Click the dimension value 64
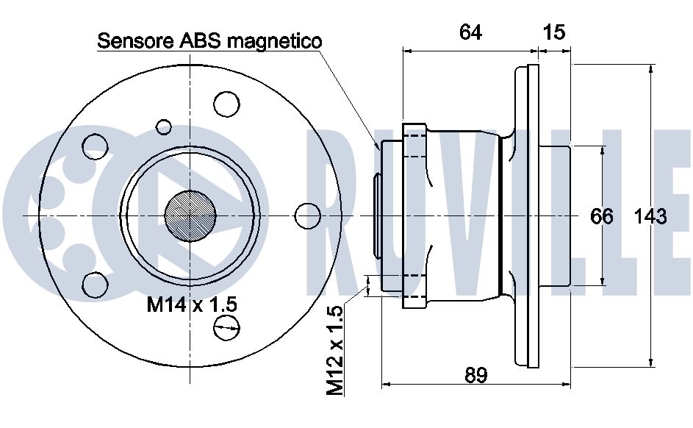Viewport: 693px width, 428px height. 470,32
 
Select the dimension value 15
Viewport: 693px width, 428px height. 553,32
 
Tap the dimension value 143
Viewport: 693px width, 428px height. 650,217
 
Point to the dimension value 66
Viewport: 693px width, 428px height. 602,217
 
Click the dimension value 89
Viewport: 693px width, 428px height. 476,375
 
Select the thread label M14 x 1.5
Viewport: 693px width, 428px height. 192,304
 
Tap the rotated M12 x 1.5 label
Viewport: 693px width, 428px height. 334,350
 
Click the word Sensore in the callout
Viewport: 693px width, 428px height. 136,40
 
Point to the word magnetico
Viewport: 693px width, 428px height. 274,41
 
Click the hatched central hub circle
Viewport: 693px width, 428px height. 190,216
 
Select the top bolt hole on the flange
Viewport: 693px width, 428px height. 226,104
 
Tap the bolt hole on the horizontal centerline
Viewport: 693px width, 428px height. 308,216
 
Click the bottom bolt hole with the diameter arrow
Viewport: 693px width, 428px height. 226,328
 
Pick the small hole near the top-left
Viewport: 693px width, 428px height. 164,127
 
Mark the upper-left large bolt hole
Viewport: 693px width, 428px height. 95,146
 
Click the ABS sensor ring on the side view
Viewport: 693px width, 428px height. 376,215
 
